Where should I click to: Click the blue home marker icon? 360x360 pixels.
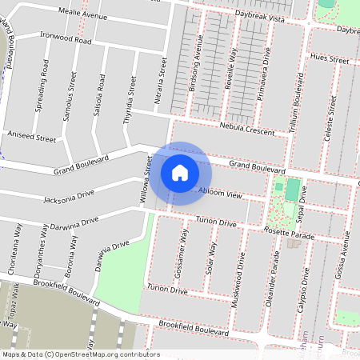click(x=180, y=172)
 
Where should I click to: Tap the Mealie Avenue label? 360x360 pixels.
click(x=83, y=15)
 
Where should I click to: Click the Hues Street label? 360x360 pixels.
click(x=329, y=59)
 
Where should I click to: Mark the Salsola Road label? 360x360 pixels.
click(x=100, y=94)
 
